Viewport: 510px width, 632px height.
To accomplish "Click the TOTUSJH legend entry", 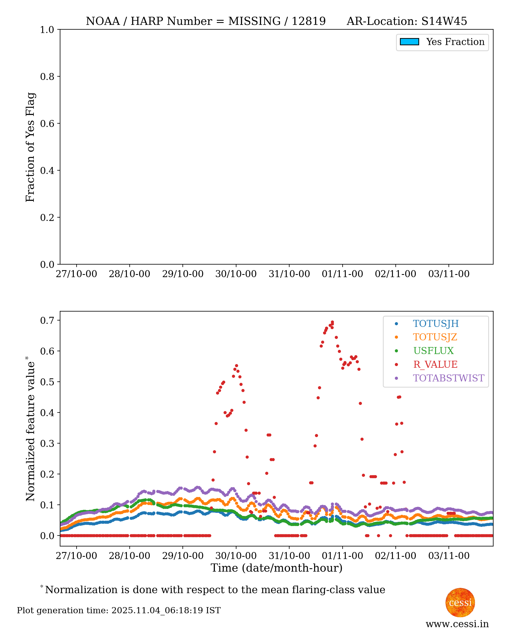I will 435,324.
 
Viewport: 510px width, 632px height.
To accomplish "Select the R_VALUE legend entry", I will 435,364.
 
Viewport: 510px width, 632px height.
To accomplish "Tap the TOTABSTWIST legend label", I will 448,378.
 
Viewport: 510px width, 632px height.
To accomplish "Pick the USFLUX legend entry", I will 433,351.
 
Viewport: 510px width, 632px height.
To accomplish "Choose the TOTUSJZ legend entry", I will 435,337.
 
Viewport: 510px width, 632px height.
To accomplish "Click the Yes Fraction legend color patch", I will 409,42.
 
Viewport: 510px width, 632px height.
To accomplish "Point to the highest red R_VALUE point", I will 332,322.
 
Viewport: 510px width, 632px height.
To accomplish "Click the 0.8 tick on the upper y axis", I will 47,76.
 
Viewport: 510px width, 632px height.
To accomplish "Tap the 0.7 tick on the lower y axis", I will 47,320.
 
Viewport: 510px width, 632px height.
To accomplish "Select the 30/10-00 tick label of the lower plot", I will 236,556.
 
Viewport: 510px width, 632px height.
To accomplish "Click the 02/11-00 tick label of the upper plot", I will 395,274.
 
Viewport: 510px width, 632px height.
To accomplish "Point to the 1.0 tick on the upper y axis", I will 47,30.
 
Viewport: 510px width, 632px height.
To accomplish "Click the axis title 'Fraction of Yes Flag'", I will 30,147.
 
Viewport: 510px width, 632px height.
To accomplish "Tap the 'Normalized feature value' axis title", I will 30,429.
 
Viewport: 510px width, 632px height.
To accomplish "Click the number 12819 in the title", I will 309,21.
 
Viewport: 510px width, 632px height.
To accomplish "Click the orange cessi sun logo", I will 460,602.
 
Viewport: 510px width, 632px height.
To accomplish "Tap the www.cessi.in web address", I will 457,624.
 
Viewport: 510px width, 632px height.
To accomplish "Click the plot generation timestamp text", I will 119,610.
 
